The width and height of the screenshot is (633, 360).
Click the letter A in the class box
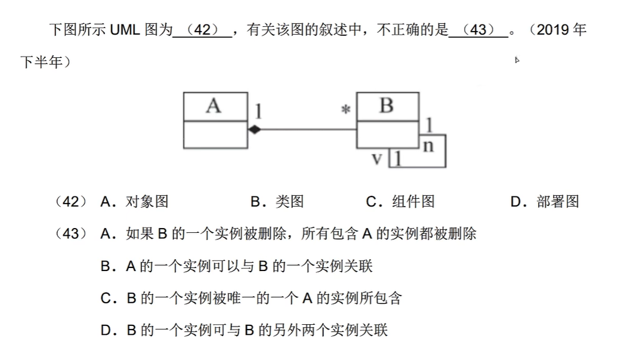coord(213,106)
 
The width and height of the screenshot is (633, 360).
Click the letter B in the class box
coord(386,106)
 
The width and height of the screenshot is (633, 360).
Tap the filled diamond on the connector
coord(255,129)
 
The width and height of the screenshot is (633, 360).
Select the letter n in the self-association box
coord(428,145)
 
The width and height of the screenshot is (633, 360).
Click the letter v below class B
coord(377,159)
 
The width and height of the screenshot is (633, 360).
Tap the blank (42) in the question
coord(202,30)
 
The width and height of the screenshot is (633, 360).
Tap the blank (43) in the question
coord(478,30)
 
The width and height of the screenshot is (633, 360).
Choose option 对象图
coord(147,202)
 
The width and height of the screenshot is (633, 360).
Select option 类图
coord(289,202)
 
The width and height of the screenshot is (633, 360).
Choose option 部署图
coord(557,202)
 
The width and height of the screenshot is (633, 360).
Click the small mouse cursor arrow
coord(517,60)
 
